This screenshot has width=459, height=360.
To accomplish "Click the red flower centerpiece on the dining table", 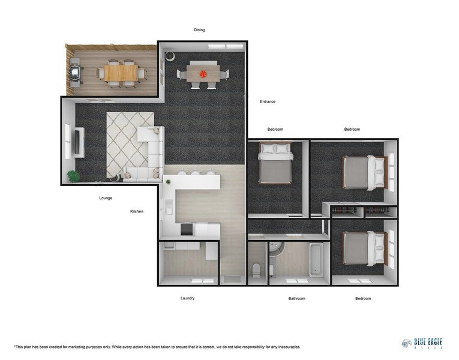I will pos(203,74).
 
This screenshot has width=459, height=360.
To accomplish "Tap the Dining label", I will pos(199,29).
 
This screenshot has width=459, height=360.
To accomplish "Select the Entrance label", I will pos(268,101).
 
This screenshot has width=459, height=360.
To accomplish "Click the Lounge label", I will pos(106,198).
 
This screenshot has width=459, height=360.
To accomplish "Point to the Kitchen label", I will pos(137,211).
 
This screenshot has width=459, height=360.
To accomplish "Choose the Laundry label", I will pos(187,298).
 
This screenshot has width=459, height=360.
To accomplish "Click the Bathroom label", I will pos(296,298).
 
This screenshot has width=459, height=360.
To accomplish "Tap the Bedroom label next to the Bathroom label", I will pos(362,298).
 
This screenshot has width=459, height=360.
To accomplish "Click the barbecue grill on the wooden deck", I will pos(76,73).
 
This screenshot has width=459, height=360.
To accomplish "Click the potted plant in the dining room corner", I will pos(170,56).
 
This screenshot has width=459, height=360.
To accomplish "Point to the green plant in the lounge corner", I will pos(73,176).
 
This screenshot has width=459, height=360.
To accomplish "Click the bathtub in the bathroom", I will pos(316,260).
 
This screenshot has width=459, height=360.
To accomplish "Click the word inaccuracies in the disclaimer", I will pos(285,347).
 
